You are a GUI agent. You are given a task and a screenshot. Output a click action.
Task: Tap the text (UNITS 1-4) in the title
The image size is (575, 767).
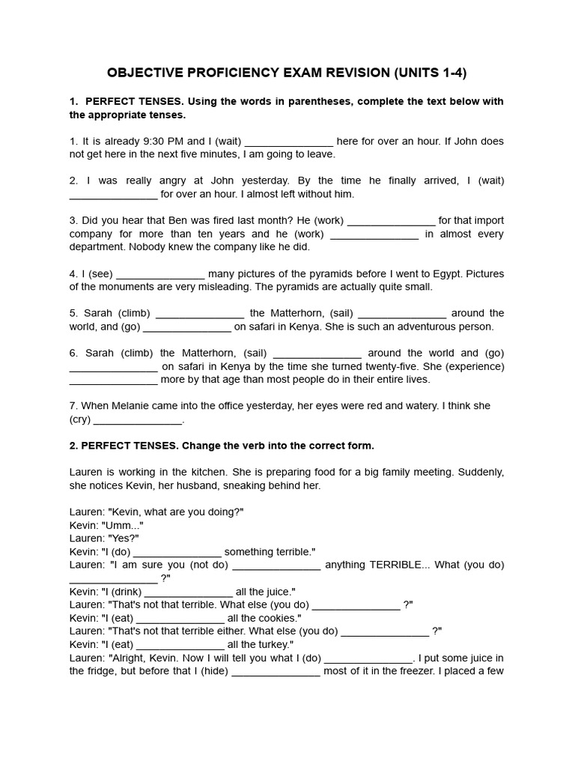[x=434, y=73]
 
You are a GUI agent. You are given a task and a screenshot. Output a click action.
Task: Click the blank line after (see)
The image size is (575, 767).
[x=161, y=275]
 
